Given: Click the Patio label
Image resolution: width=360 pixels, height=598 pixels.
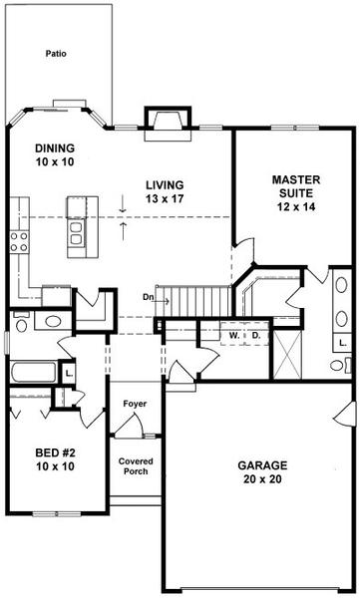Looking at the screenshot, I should [57, 55].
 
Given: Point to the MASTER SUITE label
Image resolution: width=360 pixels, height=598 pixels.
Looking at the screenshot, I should [294, 192].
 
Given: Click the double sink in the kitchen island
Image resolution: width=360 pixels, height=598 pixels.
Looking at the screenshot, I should [76, 232].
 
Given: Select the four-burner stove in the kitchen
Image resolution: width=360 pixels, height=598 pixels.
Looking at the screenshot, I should [18, 239].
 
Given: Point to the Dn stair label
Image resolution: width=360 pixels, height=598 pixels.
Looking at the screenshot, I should [149, 296].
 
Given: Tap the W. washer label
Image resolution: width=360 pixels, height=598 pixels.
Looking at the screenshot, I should [234, 336].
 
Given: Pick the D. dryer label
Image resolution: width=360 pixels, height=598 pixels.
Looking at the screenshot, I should [255, 336].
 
